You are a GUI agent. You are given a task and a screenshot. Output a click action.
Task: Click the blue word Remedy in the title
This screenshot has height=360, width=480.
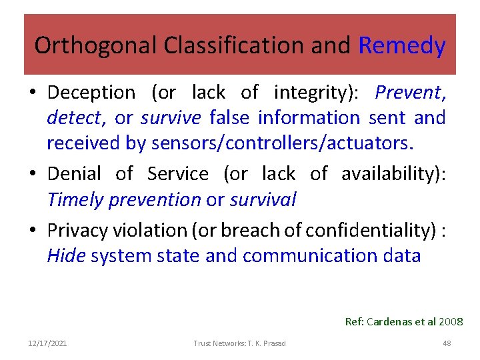(401, 46)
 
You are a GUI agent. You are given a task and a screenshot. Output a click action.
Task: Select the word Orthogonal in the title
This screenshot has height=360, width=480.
(77, 46)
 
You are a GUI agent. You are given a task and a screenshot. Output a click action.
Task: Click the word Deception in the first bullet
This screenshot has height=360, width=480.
(91, 93)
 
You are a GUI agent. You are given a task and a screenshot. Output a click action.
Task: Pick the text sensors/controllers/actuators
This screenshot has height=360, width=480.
(283, 143)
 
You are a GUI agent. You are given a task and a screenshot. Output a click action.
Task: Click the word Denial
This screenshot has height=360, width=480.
(74, 174)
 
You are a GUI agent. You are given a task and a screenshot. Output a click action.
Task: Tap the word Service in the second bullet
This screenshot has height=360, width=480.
(178, 174)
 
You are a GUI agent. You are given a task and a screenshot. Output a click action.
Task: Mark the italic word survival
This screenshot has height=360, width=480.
(263, 199)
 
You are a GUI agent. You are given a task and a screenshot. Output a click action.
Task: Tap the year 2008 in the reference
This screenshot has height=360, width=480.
(451, 322)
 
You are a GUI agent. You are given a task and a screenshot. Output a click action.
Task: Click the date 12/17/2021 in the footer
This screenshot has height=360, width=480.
(47, 343)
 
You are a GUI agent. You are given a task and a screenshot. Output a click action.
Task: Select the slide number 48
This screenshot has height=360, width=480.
(447, 343)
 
